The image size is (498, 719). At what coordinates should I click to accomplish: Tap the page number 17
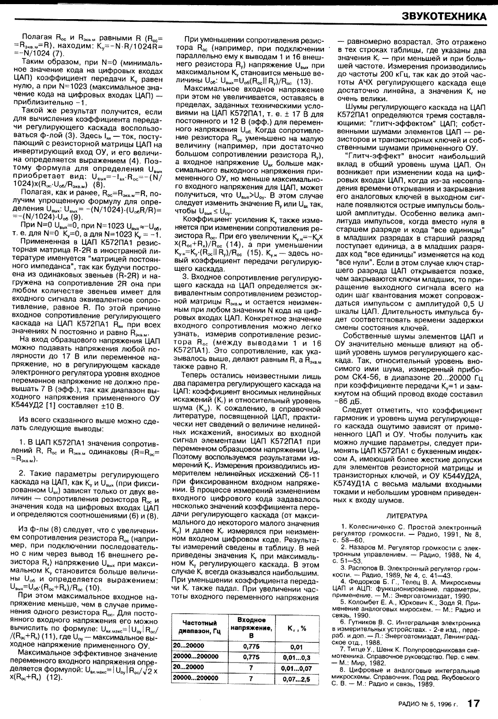click(473, 703)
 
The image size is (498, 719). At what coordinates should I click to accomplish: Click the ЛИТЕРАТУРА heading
click(406, 516)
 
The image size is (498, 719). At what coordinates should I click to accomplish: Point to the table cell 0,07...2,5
click(296, 678)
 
